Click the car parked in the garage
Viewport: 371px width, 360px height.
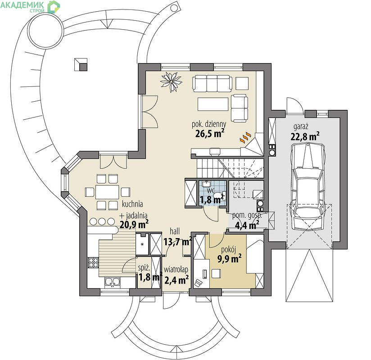(308, 187)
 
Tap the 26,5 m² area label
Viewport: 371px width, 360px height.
(210, 134)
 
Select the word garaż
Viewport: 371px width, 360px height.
(301, 127)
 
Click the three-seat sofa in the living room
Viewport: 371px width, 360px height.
(212, 83)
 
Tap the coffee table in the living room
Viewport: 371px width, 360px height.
(213, 104)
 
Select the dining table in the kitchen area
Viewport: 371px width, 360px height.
(107, 192)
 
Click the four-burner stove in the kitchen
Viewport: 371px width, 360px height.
(93, 262)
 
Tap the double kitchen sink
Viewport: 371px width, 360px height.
(113, 282)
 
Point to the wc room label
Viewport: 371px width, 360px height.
(211, 190)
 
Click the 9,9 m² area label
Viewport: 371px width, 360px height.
(229, 259)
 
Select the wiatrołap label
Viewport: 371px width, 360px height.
(176, 270)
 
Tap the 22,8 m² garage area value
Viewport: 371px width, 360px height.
(305, 136)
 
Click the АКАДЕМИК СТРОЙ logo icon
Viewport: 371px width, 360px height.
(54, 7)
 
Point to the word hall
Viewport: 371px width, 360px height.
(175, 231)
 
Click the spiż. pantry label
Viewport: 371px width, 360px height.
(144, 268)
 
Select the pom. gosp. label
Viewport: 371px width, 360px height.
(247, 216)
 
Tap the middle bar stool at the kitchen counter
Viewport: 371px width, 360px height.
(102, 221)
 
